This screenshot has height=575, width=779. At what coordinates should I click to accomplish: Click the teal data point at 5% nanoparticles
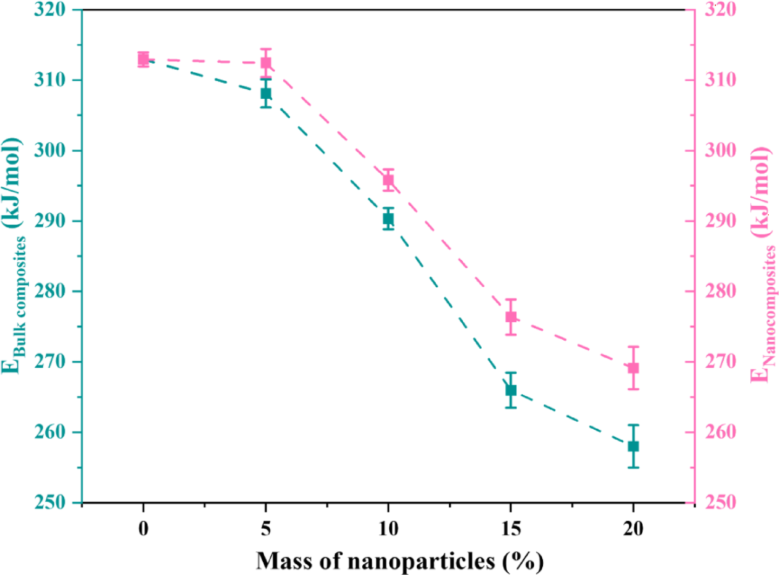265,93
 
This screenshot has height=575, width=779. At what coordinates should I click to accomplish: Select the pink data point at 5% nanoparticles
265,63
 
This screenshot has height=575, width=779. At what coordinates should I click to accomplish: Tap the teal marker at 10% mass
388,219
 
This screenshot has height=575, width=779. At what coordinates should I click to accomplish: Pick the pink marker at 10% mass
388,180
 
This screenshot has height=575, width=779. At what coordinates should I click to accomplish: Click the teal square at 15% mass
511,390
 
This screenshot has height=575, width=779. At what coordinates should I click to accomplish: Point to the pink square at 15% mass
511,317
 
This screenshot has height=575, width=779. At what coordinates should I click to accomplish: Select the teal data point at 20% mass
633,446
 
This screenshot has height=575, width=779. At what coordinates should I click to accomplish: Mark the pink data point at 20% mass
633,368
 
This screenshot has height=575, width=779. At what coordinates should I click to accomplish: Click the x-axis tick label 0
143,528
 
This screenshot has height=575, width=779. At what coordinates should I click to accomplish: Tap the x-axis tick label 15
511,528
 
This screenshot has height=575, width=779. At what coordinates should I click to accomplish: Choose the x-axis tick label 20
633,528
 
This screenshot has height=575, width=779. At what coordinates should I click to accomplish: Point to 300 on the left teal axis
50,150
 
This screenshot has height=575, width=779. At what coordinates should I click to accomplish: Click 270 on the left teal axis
50,362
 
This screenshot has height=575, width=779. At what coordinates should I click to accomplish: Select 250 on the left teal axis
50,502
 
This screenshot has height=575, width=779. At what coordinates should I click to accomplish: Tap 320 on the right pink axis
721,10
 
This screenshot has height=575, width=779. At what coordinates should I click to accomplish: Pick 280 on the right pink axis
721,292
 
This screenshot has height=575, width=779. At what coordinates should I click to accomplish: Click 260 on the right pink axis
721,432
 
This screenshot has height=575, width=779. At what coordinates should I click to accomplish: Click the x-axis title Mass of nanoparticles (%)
400,561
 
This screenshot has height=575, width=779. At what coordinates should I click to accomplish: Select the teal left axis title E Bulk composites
15,256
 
